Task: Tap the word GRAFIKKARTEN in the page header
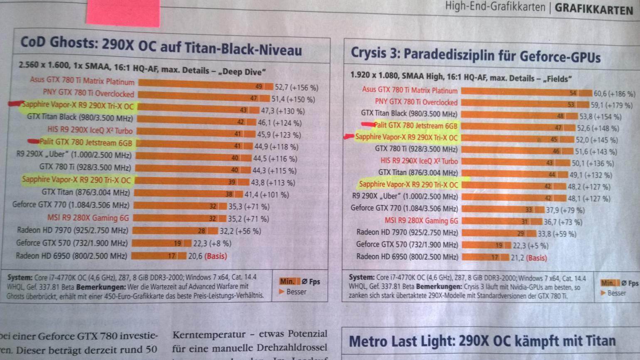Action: click(594, 9)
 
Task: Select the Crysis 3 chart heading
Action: click(475, 54)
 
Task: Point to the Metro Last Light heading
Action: click(482, 342)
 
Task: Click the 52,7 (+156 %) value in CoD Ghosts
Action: click(296, 87)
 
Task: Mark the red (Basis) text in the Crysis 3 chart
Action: click(537, 258)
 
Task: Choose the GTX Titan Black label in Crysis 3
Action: click(409, 113)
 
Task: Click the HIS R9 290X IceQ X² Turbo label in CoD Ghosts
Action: click(90, 131)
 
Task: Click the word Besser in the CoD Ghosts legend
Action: click(296, 292)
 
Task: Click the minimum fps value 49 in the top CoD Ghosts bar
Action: click(258, 86)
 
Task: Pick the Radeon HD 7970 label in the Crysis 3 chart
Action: click(407, 232)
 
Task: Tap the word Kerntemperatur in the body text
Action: click(209, 335)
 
